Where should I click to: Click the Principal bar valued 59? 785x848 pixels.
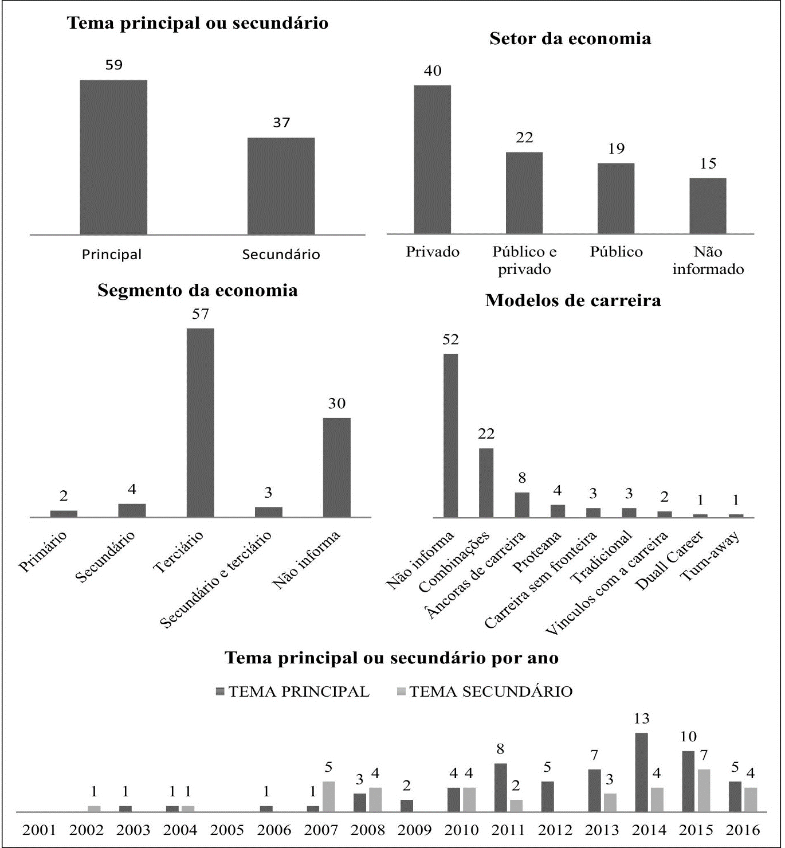tap(113, 157)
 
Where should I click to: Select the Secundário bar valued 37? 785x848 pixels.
tap(281, 186)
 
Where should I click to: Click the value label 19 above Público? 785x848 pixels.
tap(616, 149)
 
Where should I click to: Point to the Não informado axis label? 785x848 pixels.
tap(708, 260)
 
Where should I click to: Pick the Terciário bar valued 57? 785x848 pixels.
tap(200, 423)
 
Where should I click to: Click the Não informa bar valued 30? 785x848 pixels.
tap(336, 467)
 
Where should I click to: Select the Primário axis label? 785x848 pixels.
tap(43, 552)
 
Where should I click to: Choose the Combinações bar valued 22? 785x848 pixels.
tap(486, 483)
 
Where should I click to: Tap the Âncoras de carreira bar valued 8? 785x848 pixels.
tap(521, 505)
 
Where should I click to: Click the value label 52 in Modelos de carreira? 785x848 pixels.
tap(450, 339)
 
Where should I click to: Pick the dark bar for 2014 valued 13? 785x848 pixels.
tap(641, 772)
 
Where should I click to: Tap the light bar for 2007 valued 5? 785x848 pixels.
tap(328, 796)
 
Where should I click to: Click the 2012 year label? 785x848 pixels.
tap(555, 830)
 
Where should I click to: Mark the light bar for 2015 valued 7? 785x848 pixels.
tap(704, 790)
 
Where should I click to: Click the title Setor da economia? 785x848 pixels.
tap(570, 39)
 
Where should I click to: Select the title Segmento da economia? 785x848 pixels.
tap(198, 290)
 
